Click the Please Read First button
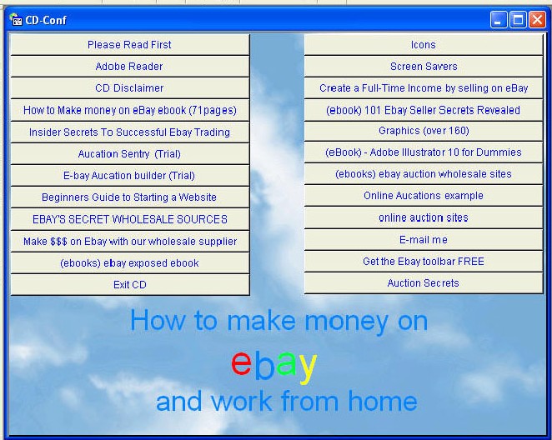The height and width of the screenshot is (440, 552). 130,45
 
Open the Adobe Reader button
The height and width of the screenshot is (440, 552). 130,67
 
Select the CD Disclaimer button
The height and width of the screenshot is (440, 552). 130,88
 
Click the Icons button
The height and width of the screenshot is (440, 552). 423,45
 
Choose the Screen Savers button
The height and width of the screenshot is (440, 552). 423,67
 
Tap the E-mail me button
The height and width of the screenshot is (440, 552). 423,240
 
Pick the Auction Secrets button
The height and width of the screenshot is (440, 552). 423,283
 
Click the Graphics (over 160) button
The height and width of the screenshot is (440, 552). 423,131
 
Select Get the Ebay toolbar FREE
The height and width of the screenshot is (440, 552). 423,262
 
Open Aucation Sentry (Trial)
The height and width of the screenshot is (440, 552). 130,153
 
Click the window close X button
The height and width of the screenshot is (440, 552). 537,20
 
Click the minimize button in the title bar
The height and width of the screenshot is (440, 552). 499,20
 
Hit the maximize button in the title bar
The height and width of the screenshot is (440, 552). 518,20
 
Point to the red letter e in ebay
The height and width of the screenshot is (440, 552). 241,363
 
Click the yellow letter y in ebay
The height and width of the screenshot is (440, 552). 308,367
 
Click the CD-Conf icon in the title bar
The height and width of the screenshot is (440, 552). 16,19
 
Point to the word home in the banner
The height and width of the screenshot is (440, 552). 383,401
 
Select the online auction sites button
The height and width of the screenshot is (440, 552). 423,217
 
